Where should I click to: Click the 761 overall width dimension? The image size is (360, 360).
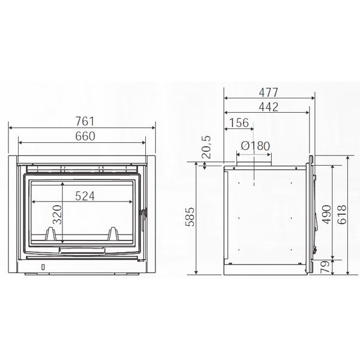tap(85, 121)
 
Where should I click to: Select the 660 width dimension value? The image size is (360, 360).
tap(85, 136)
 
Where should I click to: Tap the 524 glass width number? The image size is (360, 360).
tap(85, 196)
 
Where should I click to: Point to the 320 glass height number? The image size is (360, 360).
tap(58, 214)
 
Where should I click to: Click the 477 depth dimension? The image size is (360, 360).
tap(268, 92)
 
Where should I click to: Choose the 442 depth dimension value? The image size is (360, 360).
tap(268, 107)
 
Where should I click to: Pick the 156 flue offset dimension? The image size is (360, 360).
tap(239, 123)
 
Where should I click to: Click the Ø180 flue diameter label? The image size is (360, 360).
tap(256, 146)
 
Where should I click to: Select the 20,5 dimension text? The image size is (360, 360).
tap(206, 147)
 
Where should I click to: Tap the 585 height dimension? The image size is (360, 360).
tap(190, 217)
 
